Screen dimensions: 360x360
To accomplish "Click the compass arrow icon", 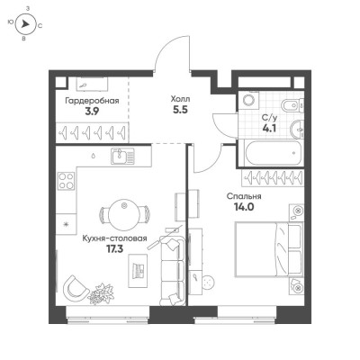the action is pyautogui.click(x=26, y=24).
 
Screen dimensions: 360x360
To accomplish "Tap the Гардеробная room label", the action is pyautogui.click(x=92, y=101).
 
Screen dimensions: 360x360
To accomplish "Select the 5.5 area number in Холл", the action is pyautogui.click(x=180, y=110).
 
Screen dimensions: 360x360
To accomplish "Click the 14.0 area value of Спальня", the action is pyautogui.click(x=244, y=207).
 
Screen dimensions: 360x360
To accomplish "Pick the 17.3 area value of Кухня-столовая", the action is pyautogui.click(x=115, y=249).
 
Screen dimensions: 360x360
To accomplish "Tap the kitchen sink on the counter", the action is pyautogui.click(x=123, y=157).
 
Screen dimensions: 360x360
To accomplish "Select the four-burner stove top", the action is pyautogui.click(x=67, y=181).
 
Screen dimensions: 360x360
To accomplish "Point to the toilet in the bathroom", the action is pyautogui.click(x=290, y=104).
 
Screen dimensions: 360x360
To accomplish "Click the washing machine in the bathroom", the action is pyautogui.click(x=248, y=100).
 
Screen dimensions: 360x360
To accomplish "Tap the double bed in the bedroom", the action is pyautogui.click(x=267, y=248).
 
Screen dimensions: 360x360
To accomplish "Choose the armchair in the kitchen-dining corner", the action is pyautogui.click(x=75, y=286).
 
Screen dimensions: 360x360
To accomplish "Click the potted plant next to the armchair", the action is pyautogui.click(x=100, y=293).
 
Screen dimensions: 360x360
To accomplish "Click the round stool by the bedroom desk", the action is pyautogui.click(x=208, y=282).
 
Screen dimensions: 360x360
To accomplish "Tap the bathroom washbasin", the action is pyautogui.click(x=297, y=129).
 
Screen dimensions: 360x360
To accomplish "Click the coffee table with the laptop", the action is pyautogui.click(x=138, y=271).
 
